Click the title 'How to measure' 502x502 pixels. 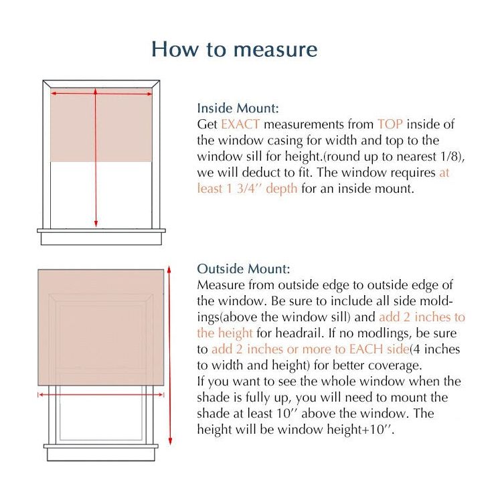[234, 49]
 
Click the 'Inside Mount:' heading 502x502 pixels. [238, 108]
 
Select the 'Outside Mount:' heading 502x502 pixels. [243, 269]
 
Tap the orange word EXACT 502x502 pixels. [240, 124]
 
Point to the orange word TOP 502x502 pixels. [390, 124]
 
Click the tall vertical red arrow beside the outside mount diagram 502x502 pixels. [170, 355]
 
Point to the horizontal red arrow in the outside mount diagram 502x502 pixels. [100, 395]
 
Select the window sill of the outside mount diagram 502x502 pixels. [101, 446]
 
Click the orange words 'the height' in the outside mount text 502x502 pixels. [225, 333]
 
